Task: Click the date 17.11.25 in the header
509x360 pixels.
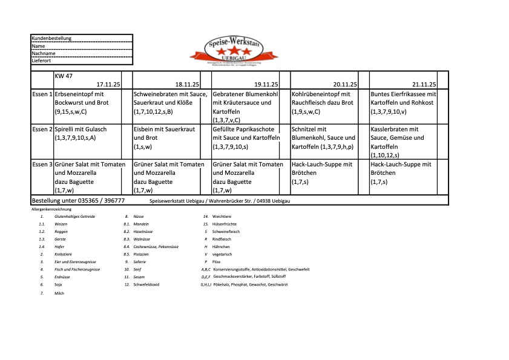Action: point(109,85)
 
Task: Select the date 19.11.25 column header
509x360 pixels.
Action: point(266,85)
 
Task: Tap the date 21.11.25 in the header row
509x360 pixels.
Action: point(424,85)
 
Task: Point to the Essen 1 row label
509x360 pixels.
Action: point(42,94)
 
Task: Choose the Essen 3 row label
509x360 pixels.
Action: point(42,165)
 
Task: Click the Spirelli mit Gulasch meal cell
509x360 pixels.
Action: point(81,134)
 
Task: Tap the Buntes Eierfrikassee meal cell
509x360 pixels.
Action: point(404,103)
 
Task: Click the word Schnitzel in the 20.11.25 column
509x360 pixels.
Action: point(304,129)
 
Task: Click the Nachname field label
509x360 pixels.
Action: point(43,53)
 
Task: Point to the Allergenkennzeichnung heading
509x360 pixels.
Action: point(51,209)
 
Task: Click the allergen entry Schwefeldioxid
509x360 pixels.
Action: point(146,284)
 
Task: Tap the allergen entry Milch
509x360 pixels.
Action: point(59,293)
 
